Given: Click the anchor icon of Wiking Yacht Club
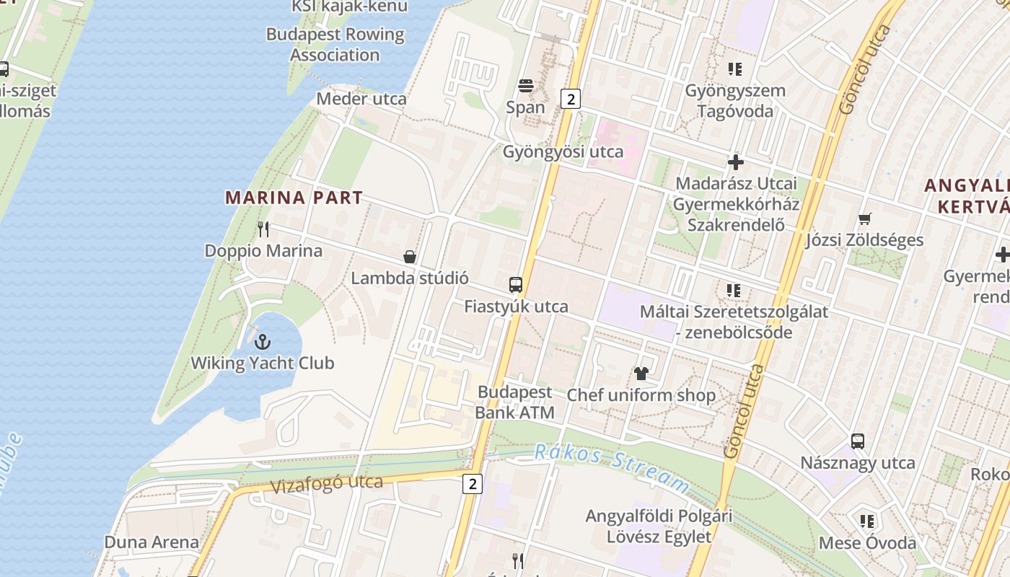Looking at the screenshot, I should click(x=263, y=342).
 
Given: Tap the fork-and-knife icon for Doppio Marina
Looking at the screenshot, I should click(x=263, y=229).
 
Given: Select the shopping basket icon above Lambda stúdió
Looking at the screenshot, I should click(x=410, y=257).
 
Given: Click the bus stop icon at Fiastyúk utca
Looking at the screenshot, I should click(x=515, y=285).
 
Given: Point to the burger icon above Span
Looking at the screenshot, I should click(x=525, y=86).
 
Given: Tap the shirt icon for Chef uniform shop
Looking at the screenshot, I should click(x=641, y=374).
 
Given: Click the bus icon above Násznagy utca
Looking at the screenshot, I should click(x=857, y=441).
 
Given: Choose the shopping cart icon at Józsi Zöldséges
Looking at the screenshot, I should click(x=864, y=219).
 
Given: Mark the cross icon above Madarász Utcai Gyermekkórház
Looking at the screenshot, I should click(x=735, y=162).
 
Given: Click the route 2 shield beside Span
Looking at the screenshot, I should click(x=571, y=99).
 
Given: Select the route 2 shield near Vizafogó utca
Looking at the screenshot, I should click(x=472, y=484).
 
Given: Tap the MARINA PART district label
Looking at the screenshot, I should click(x=294, y=198).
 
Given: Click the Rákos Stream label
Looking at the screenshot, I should click(x=611, y=467).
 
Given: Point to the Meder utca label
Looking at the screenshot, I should click(x=361, y=98).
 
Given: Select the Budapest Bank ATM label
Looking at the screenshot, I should click(x=515, y=402).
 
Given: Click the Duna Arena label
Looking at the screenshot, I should click(x=151, y=542).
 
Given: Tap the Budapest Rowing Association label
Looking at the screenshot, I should click(x=335, y=44).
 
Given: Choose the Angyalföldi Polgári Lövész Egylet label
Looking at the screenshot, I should click(x=659, y=526).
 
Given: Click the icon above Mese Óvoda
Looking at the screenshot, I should click(x=866, y=521).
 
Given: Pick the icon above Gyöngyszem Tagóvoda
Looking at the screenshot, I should click(x=734, y=69).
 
